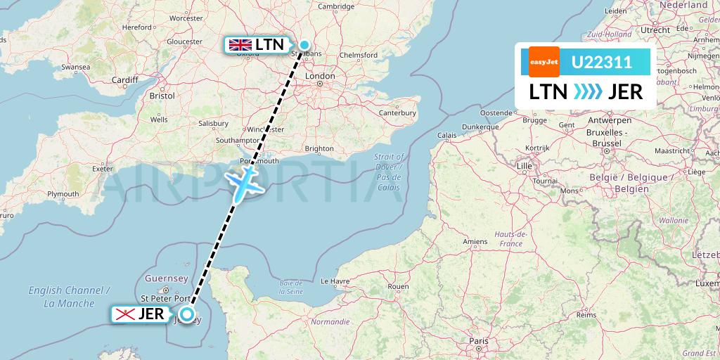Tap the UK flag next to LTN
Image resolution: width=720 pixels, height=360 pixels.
click(240, 45)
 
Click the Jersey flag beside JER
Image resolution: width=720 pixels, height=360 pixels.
click(125, 314)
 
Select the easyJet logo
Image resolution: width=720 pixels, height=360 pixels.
click(544, 62)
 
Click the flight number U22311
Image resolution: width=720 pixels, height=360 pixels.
click(602, 62)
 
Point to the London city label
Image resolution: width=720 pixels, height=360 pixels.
click(320, 76)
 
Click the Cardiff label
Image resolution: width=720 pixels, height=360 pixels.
click(125, 79)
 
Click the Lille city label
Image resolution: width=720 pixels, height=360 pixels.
click(524, 166)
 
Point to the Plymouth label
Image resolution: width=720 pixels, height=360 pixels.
click(63, 194)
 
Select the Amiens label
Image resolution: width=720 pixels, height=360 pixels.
click(475, 241)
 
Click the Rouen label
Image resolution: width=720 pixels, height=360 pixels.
click(398, 286)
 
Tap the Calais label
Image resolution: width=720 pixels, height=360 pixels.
click(446, 135)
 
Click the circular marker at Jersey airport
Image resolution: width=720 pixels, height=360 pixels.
click(187, 314)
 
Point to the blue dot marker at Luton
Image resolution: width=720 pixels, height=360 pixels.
click(304, 46)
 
